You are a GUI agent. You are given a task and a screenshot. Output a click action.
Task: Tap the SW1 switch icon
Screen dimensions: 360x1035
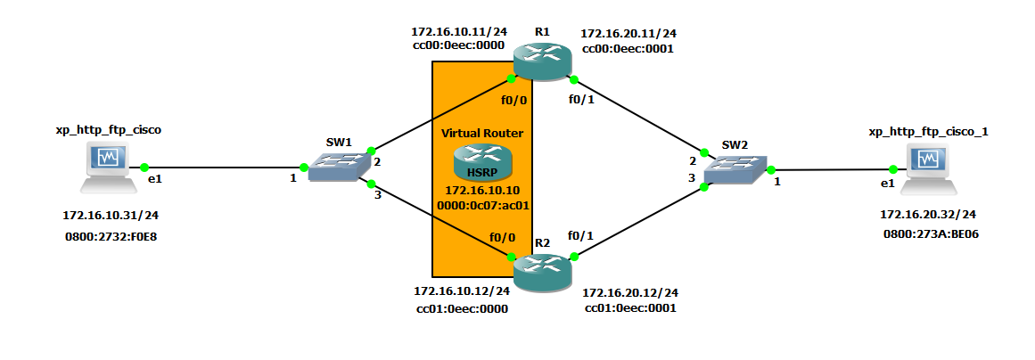click(x=338, y=166)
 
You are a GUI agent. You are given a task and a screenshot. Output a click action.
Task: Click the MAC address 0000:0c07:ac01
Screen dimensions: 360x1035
click(x=482, y=205)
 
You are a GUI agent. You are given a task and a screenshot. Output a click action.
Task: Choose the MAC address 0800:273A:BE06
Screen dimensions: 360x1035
click(x=928, y=233)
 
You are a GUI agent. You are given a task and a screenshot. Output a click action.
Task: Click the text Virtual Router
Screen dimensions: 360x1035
click(x=482, y=133)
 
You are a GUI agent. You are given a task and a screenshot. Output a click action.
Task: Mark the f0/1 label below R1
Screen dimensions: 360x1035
click(x=581, y=99)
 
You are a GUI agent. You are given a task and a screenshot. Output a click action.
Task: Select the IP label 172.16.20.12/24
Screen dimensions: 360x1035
click(x=630, y=292)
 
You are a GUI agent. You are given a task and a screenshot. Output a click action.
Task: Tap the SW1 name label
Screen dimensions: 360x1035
click(x=339, y=142)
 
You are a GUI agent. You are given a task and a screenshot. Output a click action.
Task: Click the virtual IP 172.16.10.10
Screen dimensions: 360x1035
click(x=482, y=191)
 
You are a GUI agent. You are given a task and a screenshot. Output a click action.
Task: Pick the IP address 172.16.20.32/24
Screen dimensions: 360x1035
click(x=928, y=215)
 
